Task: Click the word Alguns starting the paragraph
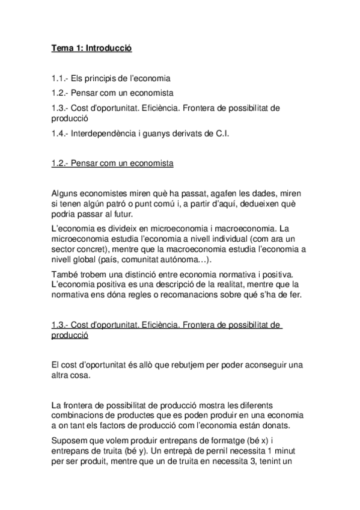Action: pyautogui.click(x=66, y=194)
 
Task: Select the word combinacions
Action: pyautogui.click(x=80, y=415)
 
